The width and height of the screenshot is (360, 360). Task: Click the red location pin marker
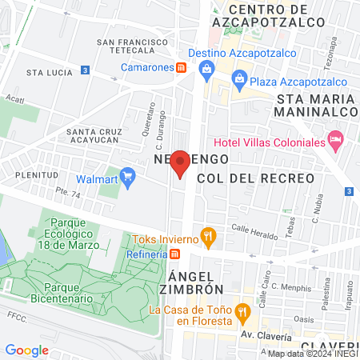[181, 163]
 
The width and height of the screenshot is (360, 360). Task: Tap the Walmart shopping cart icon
[127, 175]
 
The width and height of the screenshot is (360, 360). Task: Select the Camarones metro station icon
[182, 67]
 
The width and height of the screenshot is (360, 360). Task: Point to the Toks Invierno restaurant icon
[208, 236]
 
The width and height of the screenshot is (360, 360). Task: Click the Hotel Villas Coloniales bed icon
[337, 141]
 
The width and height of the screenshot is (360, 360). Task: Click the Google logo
[26, 350]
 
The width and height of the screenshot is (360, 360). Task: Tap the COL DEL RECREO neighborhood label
[250, 178]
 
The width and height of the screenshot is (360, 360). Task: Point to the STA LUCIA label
[45, 72]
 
